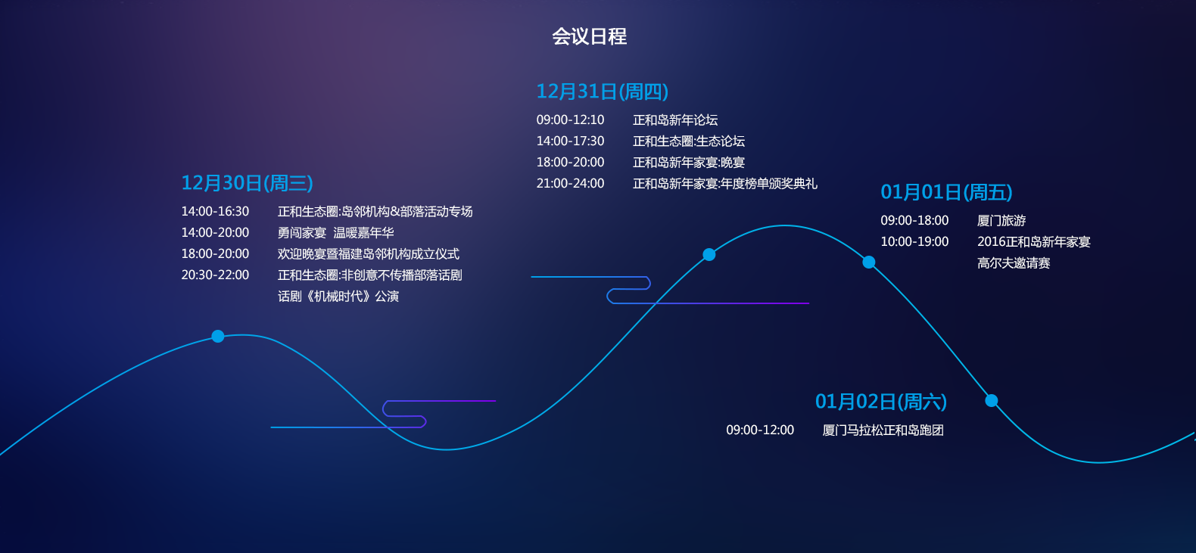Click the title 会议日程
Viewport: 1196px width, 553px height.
(589, 36)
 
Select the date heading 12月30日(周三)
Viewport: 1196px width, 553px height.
(248, 183)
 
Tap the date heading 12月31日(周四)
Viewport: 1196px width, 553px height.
(603, 92)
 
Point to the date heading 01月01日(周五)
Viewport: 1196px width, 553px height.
(946, 192)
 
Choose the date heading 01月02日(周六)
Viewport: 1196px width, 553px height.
(881, 402)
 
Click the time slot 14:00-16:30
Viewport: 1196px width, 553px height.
(215, 211)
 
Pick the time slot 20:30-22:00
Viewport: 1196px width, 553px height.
(215, 275)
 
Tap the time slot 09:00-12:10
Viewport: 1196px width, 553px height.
(570, 120)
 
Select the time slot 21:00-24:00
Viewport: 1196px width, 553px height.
(570, 183)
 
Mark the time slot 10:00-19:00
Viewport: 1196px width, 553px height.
(914, 241)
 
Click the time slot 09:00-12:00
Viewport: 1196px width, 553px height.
(760, 430)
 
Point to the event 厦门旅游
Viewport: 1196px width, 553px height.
(1001, 220)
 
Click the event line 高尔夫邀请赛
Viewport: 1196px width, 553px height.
(1014, 263)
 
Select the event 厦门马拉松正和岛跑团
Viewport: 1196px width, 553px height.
(883, 430)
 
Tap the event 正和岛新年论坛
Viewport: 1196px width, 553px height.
(675, 120)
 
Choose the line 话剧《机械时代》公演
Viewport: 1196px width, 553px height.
(338, 297)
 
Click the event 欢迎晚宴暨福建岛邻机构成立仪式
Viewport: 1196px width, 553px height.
(369, 254)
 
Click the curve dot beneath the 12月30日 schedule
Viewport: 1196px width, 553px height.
(218, 337)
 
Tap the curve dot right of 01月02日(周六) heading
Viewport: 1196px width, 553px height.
(992, 400)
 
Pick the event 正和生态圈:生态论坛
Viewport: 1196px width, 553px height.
(689, 141)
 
